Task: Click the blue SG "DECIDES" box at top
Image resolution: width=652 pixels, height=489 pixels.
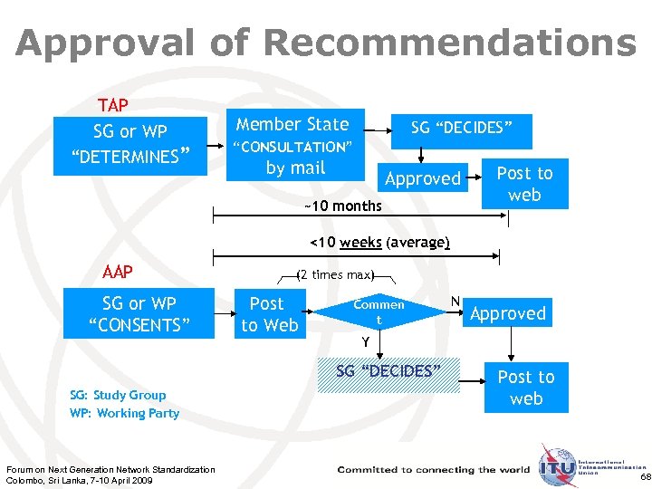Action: point(462,129)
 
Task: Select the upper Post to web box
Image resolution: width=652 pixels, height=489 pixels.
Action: point(524,184)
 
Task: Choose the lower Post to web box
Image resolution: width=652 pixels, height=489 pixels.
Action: point(526,388)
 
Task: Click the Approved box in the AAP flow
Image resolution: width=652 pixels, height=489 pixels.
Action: point(508,314)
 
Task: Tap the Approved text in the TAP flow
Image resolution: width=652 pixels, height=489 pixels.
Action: point(423,178)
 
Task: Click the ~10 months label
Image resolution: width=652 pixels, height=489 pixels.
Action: point(342,206)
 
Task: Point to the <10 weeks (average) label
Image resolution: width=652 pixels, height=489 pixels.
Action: point(379,243)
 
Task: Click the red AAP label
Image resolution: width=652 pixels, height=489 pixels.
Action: point(119,271)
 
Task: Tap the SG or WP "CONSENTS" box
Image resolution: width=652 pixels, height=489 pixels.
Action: point(139,314)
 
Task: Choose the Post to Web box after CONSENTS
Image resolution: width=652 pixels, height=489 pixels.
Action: point(269,314)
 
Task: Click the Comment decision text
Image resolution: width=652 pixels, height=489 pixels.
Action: point(379,312)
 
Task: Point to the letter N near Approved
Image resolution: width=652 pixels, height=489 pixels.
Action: point(455,301)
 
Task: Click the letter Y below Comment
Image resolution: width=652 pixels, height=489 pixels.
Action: point(365,342)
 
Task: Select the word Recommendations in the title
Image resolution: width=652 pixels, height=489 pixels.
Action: point(451,43)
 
